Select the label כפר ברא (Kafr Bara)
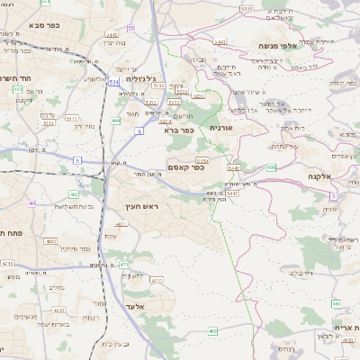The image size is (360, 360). tap(178, 131)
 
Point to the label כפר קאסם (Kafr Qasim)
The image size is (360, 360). tap(186, 166)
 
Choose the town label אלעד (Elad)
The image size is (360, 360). tap(133, 305)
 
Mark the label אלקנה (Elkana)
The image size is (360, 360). tap(320, 177)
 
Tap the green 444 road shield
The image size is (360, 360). tap(115, 119)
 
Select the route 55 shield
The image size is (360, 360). tap(130, 28)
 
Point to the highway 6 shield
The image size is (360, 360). tap(139, 131)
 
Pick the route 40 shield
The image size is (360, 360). tap(32, 203)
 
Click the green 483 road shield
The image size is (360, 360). tap(74, 193)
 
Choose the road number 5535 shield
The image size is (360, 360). tap(247, 8)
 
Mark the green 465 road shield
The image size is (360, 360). tap(212, 332)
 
